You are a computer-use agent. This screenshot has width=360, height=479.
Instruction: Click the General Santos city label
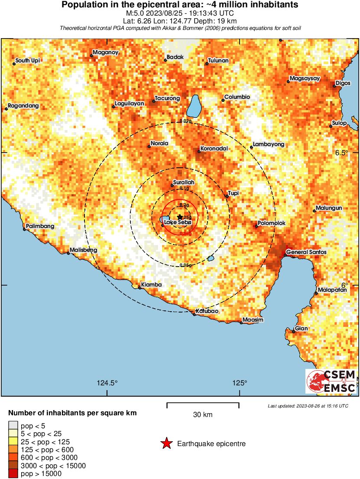[x=306, y=252]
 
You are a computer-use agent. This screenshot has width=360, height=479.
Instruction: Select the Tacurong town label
[x=167, y=98]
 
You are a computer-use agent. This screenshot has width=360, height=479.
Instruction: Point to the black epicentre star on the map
[x=180, y=217]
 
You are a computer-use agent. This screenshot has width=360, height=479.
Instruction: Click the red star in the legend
[x=166, y=443]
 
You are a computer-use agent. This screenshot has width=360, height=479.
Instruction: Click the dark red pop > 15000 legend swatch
[x=13, y=474]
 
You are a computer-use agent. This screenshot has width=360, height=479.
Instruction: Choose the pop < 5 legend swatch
[x=13, y=426]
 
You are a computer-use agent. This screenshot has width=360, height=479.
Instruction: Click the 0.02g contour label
[x=185, y=121]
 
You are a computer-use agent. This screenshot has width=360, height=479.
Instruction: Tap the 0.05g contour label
[x=185, y=265]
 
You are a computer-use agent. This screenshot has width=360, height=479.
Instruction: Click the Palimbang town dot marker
[x=25, y=229]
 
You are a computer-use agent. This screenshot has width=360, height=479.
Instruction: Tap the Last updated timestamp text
[x=308, y=406]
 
